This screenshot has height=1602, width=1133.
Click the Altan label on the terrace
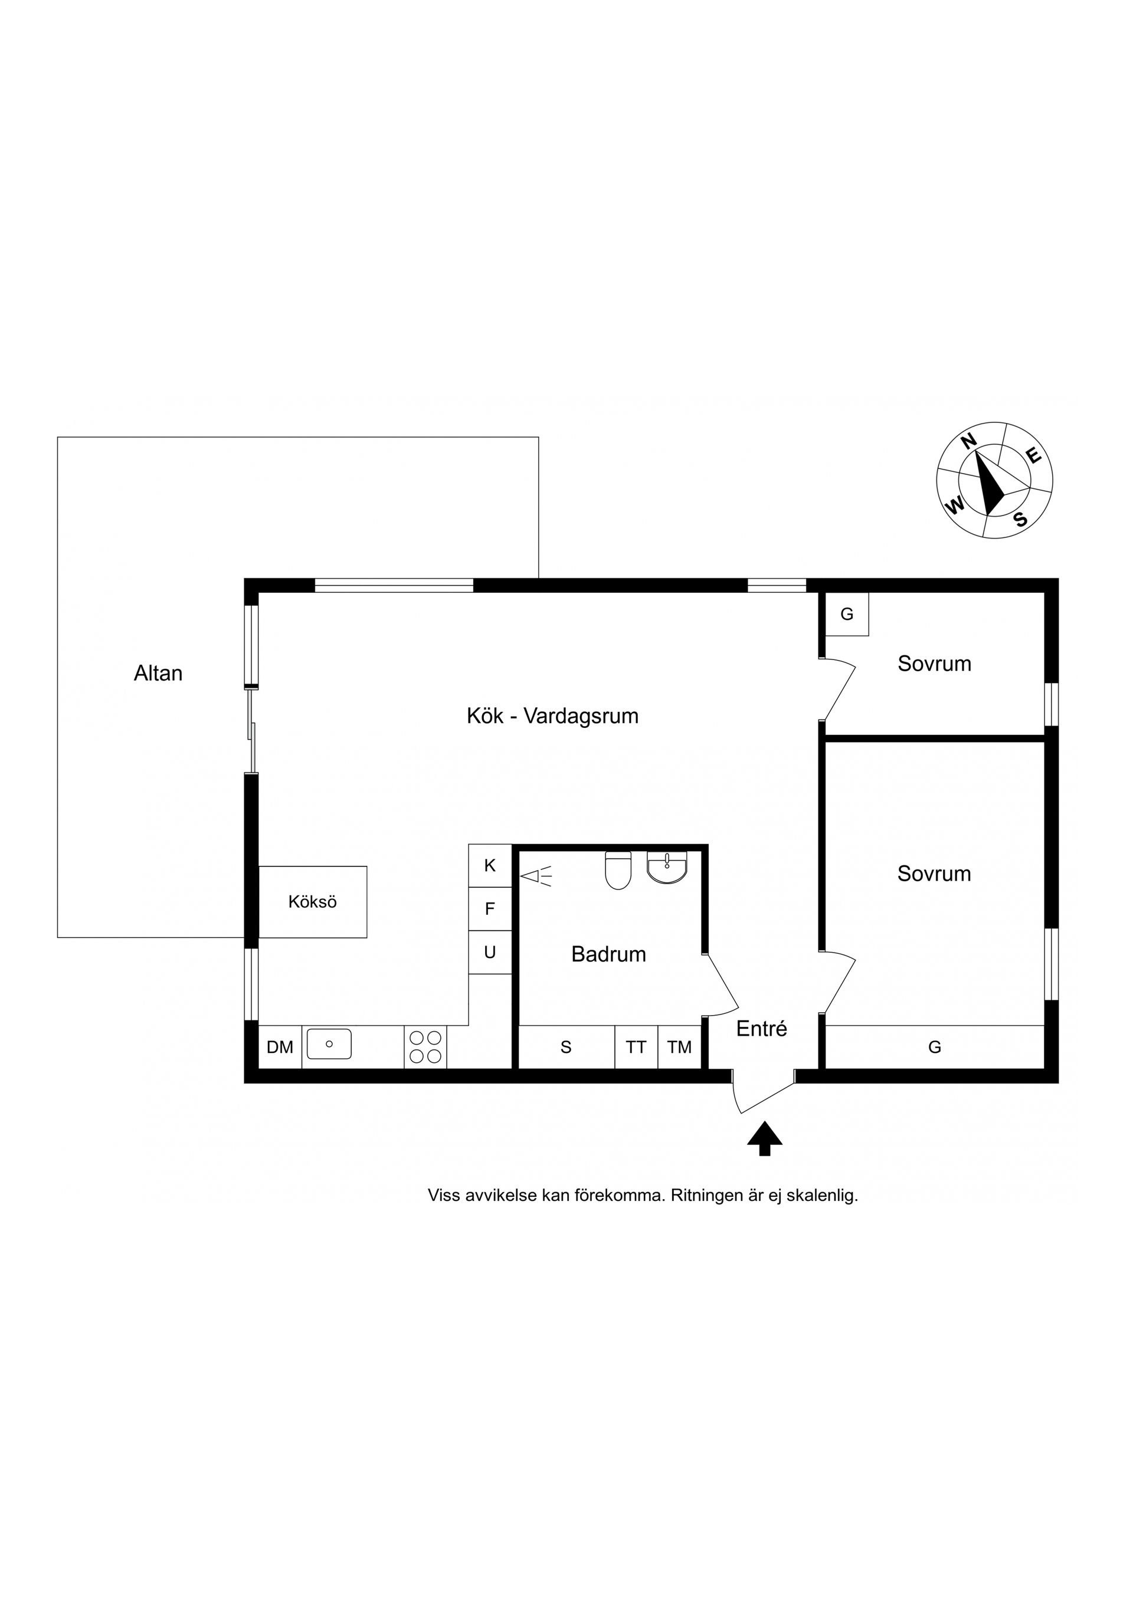click(x=159, y=674)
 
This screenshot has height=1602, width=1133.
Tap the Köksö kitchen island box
click(x=313, y=901)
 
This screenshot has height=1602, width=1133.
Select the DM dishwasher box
click(x=280, y=1046)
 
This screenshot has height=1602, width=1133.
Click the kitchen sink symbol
click(x=329, y=1044)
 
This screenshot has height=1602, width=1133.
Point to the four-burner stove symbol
click(x=425, y=1046)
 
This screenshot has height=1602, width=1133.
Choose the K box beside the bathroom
click(x=490, y=866)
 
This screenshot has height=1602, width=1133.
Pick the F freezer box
click(x=490, y=909)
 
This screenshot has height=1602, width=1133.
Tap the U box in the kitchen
click(x=490, y=953)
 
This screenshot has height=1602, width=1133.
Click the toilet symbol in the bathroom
click(x=618, y=870)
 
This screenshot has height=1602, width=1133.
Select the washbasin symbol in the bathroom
click(x=667, y=867)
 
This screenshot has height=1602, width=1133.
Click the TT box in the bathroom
click(x=636, y=1046)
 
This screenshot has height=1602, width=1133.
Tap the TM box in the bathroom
click(x=679, y=1046)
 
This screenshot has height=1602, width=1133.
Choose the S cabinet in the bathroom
click(x=566, y=1046)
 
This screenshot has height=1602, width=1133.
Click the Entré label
click(x=762, y=1029)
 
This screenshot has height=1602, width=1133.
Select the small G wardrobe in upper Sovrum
click(x=847, y=614)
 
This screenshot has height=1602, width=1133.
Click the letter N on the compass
click(x=968, y=441)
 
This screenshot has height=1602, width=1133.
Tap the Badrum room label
click(x=609, y=954)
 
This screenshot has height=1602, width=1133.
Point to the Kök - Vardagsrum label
click(x=553, y=716)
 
